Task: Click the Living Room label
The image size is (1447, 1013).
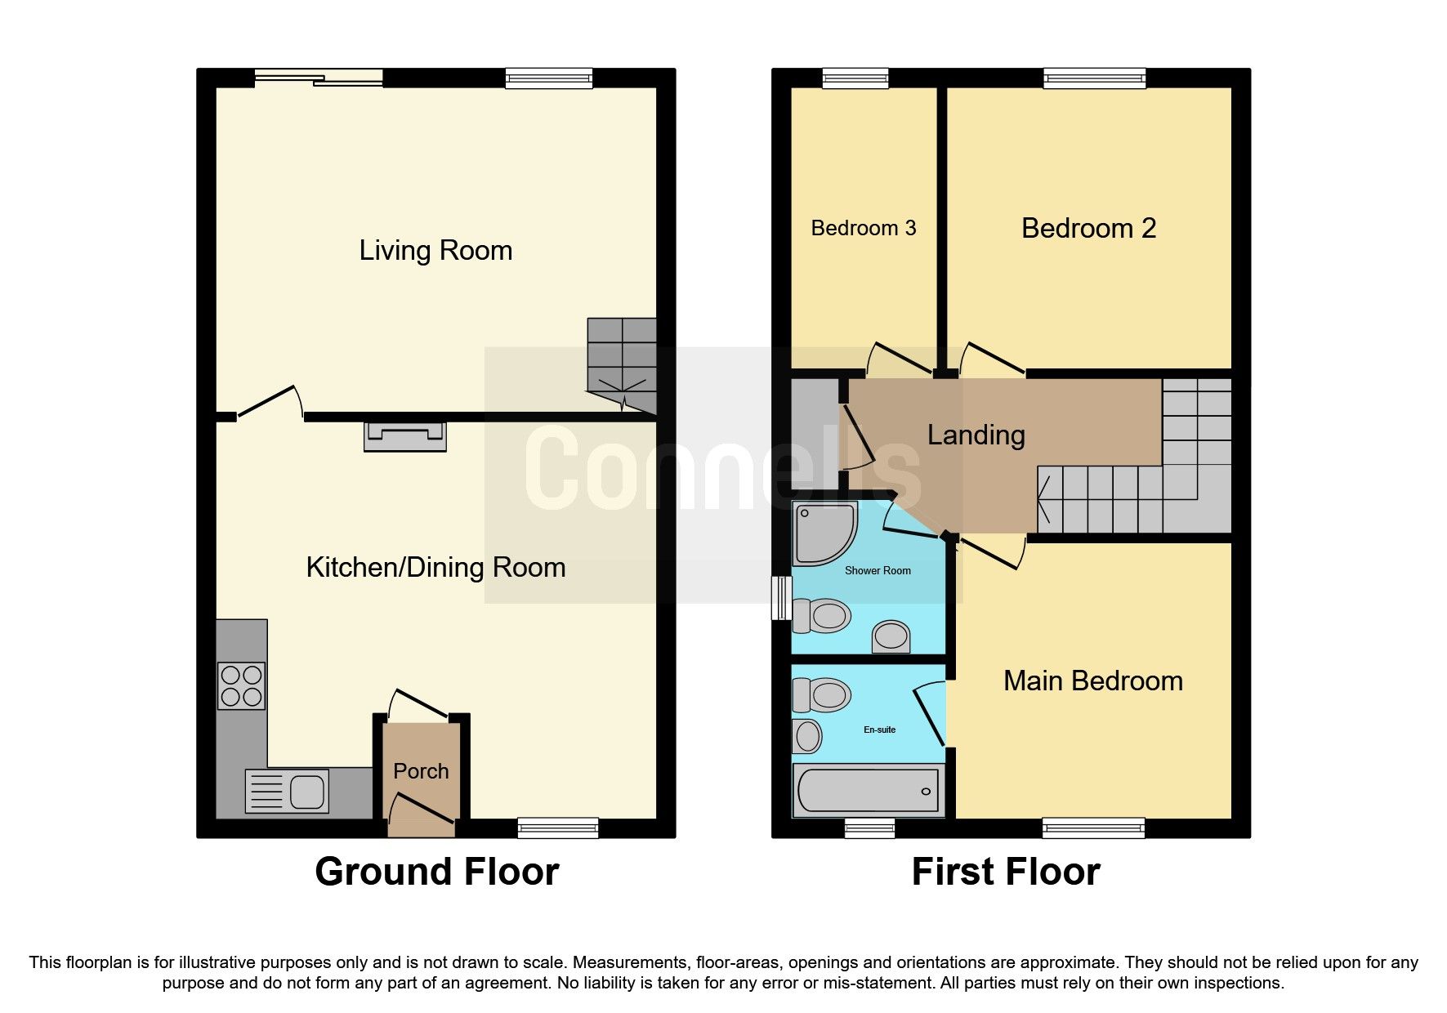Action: tap(435, 250)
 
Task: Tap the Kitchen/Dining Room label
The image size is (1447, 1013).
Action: tap(435, 567)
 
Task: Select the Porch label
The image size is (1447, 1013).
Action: tap(421, 771)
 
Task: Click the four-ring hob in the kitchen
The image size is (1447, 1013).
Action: tap(241, 685)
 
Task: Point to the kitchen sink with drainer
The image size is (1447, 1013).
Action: tap(287, 791)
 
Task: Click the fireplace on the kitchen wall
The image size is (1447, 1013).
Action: tap(405, 436)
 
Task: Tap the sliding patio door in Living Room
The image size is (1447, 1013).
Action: tap(318, 78)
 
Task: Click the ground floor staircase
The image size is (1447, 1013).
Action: tap(623, 364)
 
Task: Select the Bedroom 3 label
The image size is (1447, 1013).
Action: tap(863, 228)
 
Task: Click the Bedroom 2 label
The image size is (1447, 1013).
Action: tap(1088, 228)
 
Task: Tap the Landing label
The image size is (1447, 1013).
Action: tap(976, 435)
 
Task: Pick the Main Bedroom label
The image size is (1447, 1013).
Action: tap(1092, 681)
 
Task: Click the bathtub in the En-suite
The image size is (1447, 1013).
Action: tap(867, 791)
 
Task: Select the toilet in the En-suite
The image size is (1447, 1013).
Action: tap(821, 695)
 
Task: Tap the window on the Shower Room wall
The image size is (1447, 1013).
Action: tap(782, 599)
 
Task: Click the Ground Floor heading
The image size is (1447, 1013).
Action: tap(436, 872)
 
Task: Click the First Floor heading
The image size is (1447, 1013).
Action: tap(1006, 872)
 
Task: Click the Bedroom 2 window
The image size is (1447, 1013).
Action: tap(1094, 78)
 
